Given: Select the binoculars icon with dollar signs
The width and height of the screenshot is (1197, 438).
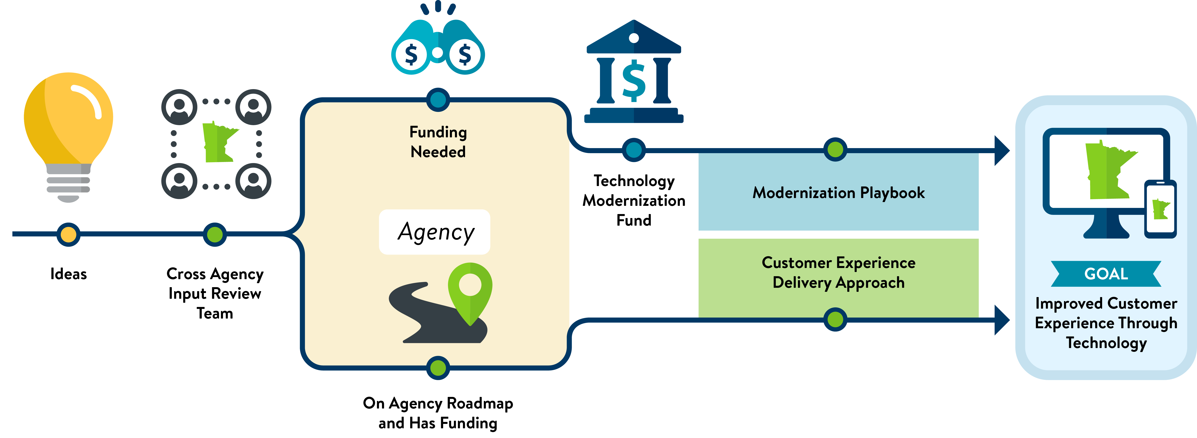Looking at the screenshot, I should point(438,46).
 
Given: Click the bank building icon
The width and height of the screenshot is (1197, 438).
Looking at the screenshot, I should point(634,72).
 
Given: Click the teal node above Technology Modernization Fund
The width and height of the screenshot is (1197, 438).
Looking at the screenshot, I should point(634,150).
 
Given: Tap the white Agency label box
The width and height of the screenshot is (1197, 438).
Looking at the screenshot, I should point(435,232).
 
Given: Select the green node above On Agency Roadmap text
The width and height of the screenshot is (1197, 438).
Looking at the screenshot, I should point(438,368).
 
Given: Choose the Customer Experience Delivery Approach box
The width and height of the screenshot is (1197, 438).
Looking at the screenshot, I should point(838,273).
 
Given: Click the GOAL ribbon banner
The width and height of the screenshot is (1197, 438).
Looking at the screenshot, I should point(1106,274).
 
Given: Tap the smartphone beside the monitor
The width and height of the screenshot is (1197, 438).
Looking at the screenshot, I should point(1160,209).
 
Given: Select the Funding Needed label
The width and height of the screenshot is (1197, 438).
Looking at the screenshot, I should point(438,142).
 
